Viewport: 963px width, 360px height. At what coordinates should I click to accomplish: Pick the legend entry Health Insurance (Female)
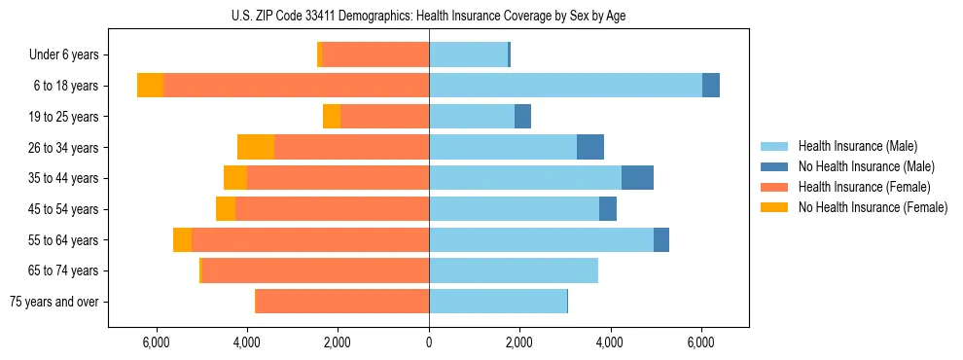[x=864, y=187]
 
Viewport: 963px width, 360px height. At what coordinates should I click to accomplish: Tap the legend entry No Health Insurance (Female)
[x=873, y=207]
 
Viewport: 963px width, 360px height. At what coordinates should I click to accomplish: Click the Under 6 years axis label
[x=70, y=55]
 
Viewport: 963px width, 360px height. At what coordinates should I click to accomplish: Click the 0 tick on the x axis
[x=429, y=342]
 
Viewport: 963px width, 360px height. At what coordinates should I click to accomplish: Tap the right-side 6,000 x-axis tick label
[x=701, y=342]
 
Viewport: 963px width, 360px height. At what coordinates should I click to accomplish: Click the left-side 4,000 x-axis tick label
[x=247, y=342]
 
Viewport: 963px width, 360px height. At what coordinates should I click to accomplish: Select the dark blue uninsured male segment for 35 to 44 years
[x=637, y=178]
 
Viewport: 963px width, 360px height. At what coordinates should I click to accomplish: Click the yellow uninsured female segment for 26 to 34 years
[x=256, y=147]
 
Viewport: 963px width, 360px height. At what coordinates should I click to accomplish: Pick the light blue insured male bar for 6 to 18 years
[x=565, y=86]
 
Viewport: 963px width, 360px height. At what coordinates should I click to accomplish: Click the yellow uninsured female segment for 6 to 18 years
[x=150, y=86]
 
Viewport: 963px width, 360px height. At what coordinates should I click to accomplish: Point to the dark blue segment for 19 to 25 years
[x=522, y=117]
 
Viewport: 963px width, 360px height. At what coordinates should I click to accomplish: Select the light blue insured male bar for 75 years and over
[x=498, y=302]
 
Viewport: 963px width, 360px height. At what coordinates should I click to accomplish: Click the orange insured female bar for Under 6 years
[x=375, y=55]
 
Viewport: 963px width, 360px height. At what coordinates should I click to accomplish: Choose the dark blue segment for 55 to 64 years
[x=661, y=239]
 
